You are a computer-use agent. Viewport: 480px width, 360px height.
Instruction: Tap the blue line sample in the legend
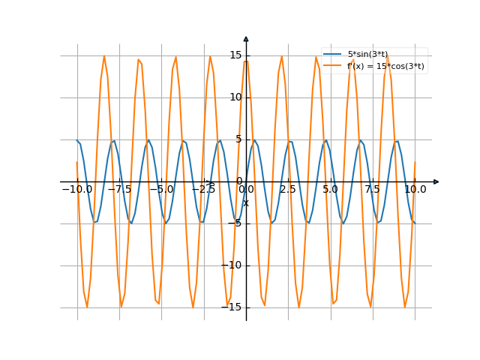pos(333,55)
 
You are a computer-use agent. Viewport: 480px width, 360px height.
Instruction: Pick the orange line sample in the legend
pos(333,66)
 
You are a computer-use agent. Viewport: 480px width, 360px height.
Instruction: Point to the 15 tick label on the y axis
pos(235,55)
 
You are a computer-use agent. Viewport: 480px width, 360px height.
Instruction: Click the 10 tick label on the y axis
pos(235,97)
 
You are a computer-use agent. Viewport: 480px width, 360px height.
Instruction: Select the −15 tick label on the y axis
pos(232,307)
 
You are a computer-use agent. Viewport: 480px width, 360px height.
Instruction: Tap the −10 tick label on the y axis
pos(232,265)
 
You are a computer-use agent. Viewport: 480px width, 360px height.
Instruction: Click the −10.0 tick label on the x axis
pos(76,190)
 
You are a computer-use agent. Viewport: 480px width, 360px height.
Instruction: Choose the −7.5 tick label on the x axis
pos(119,190)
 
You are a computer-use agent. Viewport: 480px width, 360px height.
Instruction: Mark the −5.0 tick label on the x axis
pos(161,190)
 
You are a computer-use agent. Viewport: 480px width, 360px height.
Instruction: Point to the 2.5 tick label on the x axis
pos(288,190)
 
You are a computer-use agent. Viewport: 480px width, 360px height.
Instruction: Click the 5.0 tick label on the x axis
pos(330,190)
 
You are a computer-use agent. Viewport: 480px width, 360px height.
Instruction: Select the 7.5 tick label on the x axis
pos(373,190)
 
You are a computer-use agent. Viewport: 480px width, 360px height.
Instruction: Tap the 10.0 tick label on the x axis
pos(415,190)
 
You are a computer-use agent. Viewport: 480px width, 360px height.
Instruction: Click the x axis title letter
pos(245,202)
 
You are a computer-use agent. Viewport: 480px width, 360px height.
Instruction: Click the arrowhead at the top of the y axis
pos(246,38)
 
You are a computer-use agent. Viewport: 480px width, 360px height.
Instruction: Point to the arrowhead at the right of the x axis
pos(436,181)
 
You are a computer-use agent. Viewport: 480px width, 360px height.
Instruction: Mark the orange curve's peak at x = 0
pos(246,59)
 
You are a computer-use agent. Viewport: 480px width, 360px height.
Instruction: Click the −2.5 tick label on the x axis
pos(203,190)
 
